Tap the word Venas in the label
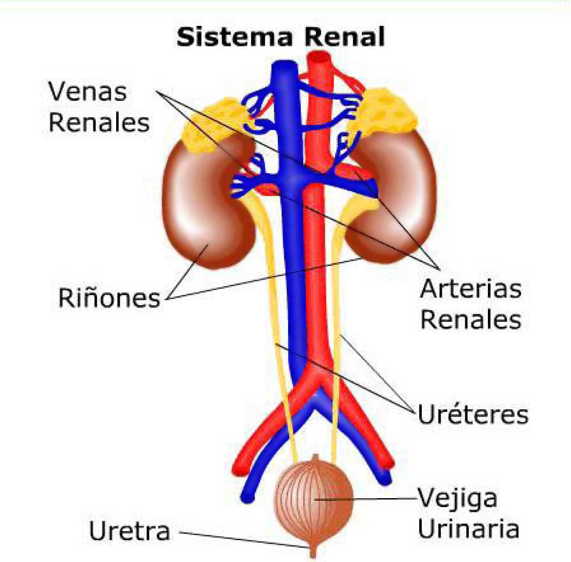coord(88,92)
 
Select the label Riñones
coord(109,298)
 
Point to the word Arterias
coord(470,289)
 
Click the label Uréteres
coord(473,414)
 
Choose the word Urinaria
coord(468,529)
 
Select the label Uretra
coord(130,531)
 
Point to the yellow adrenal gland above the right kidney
coord(388,112)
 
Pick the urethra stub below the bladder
coord(313,551)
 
